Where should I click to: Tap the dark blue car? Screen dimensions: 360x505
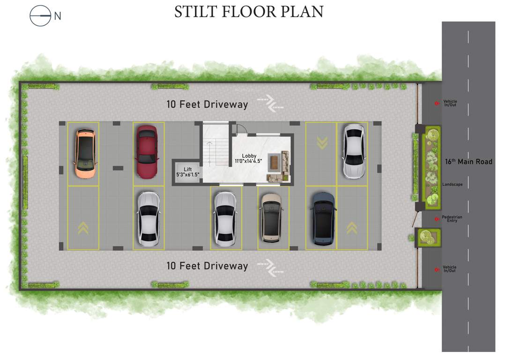pyautogui.click(x=324, y=218)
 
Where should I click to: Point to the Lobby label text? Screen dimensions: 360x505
pyautogui.click(x=249, y=156)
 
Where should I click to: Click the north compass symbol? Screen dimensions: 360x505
pyautogui.click(x=40, y=16)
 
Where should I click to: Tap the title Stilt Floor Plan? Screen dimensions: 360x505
pyautogui.click(x=249, y=12)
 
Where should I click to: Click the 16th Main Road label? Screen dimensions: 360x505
pyautogui.click(x=468, y=162)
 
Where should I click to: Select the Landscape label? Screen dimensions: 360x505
pyautogui.click(x=452, y=185)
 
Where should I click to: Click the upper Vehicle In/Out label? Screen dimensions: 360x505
pyautogui.click(x=450, y=103)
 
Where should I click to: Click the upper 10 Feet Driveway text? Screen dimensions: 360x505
pyautogui.click(x=207, y=105)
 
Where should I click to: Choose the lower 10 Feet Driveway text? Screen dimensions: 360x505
pyautogui.click(x=207, y=266)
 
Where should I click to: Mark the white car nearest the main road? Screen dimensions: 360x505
pyautogui.click(x=354, y=151)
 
